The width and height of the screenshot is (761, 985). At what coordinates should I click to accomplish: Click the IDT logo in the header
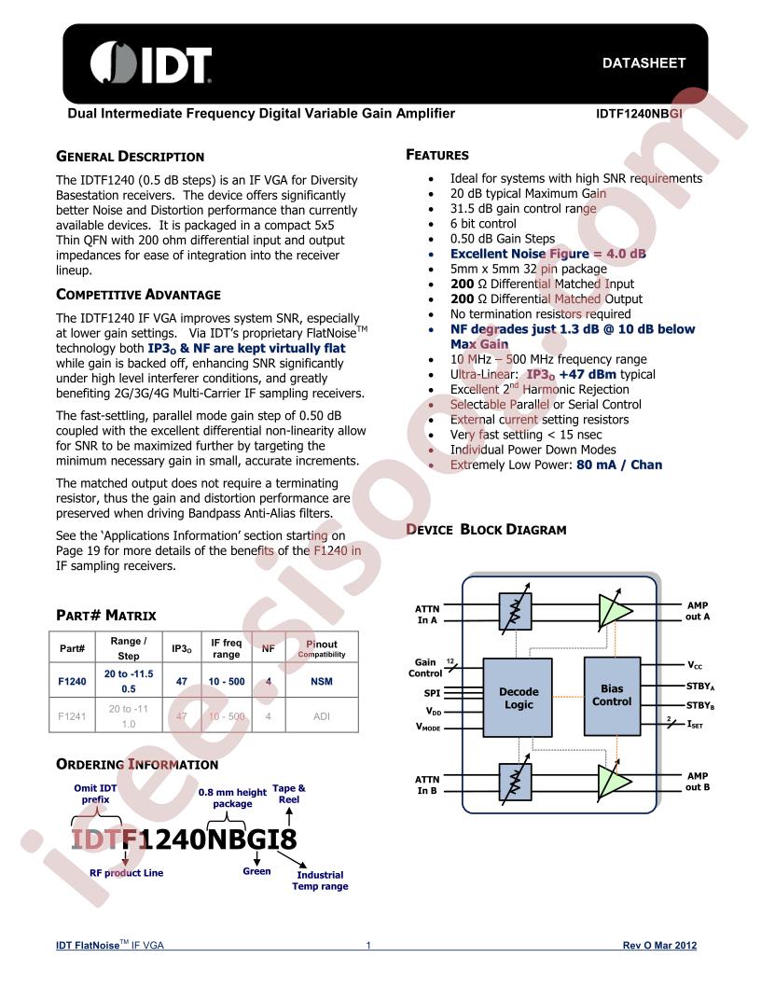(151, 62)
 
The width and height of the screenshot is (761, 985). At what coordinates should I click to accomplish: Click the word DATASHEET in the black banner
(643, 62)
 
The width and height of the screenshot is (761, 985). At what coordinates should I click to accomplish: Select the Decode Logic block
(518, 698)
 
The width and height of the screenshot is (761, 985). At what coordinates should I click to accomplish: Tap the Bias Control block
(612, 696)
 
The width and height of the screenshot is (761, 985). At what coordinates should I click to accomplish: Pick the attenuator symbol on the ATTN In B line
(516, 782)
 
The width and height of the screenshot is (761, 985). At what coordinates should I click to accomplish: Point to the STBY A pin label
(700, 687)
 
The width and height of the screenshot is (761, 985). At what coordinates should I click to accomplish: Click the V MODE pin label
(427, 727)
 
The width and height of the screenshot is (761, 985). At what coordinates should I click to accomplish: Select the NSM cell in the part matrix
(322, 681)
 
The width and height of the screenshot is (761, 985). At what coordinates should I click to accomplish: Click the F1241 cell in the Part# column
(72, 716)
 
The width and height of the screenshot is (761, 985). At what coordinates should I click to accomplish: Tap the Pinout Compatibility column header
(322, 648)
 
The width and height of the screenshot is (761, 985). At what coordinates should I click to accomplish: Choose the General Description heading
(130, 157)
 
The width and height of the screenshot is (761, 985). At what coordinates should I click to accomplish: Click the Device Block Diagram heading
(486, 530)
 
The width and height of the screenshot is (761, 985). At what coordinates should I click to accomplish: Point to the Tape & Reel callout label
(289, 794)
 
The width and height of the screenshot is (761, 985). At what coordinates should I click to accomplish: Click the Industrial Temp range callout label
(320, 881)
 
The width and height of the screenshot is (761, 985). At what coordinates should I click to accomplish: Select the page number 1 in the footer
(368, 945)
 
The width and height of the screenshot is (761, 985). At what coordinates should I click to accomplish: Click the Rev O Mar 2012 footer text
(659, 945)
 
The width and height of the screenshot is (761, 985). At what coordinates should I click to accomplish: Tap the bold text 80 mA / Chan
(619, 465)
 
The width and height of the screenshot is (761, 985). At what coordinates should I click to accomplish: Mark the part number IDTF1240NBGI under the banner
(639, 114)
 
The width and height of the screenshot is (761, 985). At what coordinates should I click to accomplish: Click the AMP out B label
(698, 782)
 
